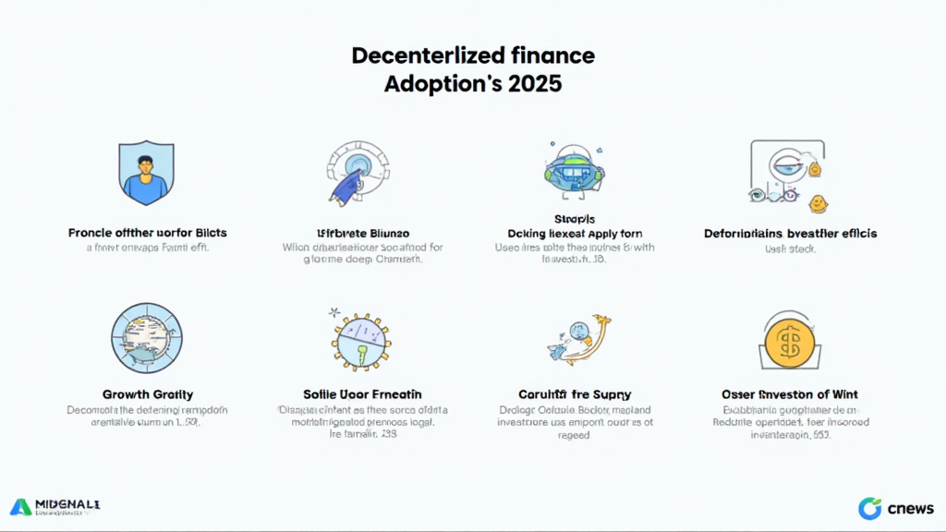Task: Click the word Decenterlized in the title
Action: coord(413,55)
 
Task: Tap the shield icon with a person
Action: coord(147,173)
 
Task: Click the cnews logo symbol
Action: coord(869,508)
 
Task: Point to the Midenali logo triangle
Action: coord(20,506)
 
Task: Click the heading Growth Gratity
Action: coord(148,394)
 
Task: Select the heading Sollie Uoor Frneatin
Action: coord(356,394)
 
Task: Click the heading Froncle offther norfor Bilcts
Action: coord(148,233)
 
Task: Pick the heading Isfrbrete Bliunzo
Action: coord(357,233)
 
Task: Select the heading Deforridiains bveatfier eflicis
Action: coord(790,233)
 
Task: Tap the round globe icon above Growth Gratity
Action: coord(147,338)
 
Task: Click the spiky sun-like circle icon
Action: coord(357,340)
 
